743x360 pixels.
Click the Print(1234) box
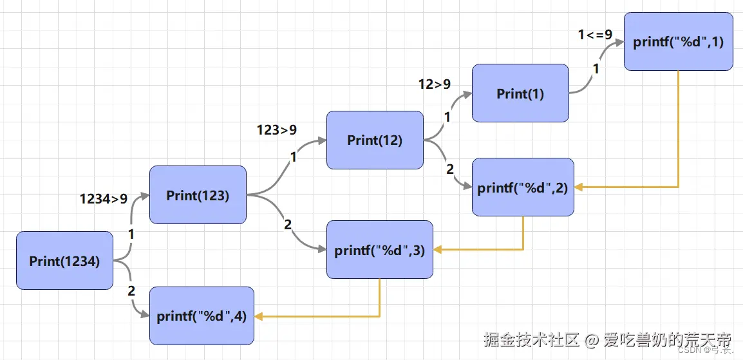coord(64,261)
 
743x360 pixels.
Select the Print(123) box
coord(198,195)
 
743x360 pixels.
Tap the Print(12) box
coord(375,140)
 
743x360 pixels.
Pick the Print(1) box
coord(520,93)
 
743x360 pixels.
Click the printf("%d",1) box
coord(678,42)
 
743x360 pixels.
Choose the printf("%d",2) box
coord(522,187)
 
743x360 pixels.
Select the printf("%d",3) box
coord(379,250)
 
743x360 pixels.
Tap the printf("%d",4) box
coord(202,316)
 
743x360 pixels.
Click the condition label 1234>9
coord(104,199)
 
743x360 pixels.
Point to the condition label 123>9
coord(277,130)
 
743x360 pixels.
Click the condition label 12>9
coord(435,84)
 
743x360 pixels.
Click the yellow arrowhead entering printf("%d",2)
coord(579,187)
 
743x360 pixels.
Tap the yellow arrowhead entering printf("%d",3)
coord(438,250)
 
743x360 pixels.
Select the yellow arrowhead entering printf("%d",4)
coord(259,316)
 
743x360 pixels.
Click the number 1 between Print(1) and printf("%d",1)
coord(595,70)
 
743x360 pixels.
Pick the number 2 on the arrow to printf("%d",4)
coord(131,291)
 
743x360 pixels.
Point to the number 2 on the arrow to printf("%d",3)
coord(287,225)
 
